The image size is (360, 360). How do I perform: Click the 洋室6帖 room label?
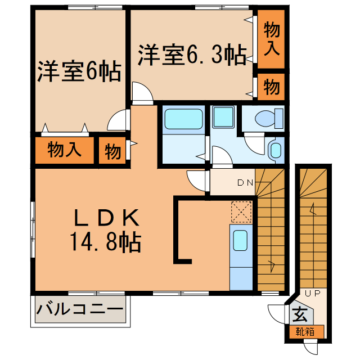[79, 72]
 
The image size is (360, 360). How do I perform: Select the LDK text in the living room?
[106, 217]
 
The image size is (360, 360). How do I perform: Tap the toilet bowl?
[265, 119]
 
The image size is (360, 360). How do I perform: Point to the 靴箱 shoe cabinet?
[307, 332]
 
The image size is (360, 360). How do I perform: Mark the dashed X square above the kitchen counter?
[241, 212]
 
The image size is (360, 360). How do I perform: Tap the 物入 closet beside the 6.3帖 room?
[272, 39]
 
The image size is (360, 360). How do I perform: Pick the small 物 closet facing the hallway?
[113, 151]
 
